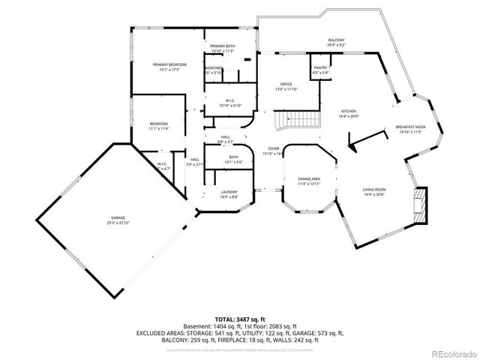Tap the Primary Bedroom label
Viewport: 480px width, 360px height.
(169, 65)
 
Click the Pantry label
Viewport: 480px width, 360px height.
(321, 67)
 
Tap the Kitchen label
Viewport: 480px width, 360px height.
(349, 111)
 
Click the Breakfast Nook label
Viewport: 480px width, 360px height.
(410, 128)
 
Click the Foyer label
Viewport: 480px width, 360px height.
(274, 148)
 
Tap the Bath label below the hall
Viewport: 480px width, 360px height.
(233, 157)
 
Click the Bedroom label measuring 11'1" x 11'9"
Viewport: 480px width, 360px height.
(158, 124)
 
